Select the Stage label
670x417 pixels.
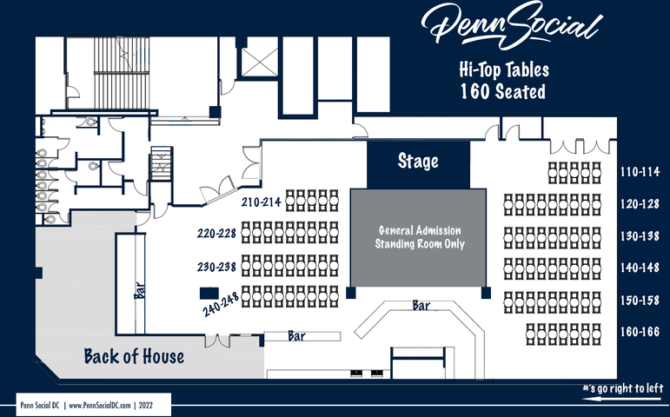[418, 162]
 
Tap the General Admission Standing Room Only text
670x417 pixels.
[419, 237]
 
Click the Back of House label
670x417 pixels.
[134, 355]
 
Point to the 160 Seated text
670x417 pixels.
[503, 90]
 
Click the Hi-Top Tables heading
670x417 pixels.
[503, 69]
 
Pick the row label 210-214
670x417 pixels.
[262, 202]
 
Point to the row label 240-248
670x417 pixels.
[222, 304]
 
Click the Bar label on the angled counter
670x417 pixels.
[421, 306]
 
